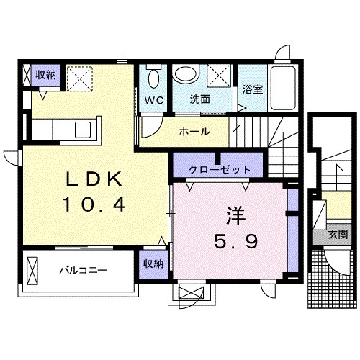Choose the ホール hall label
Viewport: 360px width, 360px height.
[194, 132]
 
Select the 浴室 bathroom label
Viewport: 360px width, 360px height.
[252, 90]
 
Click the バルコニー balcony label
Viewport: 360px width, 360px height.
[83, 271]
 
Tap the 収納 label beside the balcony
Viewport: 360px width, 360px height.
[153, 264]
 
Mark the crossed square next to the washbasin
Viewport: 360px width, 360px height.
[220, 75]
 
